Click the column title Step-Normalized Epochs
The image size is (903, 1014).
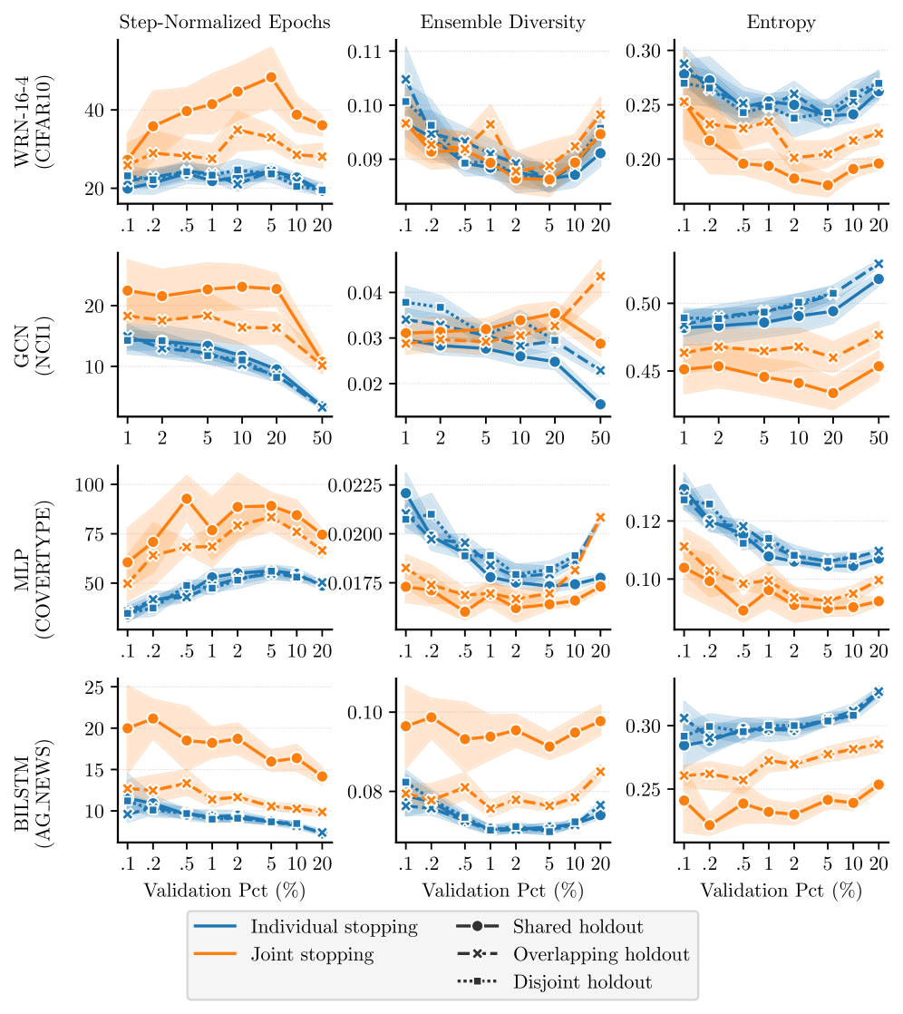225,22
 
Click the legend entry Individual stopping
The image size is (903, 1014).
334,927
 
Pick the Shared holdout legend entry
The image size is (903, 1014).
578,927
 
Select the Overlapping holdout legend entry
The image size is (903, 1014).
601,954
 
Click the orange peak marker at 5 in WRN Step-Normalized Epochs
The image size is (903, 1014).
270,77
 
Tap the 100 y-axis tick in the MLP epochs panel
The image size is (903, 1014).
93,485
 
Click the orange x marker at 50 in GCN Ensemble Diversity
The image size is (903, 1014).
599,276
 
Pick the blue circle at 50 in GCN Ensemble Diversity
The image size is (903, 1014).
599,404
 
